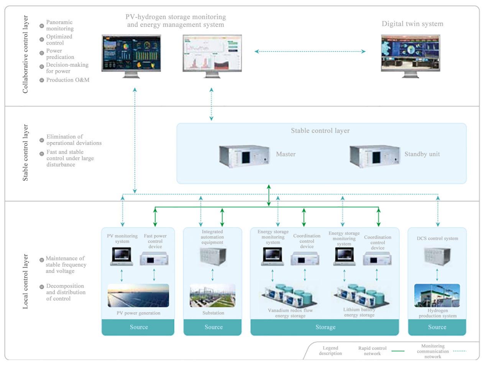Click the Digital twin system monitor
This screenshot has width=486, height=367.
coord(410,56)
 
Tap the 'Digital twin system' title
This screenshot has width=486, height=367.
coord(412,24)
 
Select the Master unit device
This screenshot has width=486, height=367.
coord(245,156)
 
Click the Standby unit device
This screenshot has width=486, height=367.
coord(375,156)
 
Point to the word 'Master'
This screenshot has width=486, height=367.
coord(286,154)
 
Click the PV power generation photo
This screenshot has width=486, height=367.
coord(138,295)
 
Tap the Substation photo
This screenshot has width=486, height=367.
coord(213,295)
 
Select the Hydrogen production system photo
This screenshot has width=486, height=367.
coord(437,295)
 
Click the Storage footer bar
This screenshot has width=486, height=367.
coord(325,327)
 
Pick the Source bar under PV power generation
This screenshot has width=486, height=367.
coord(138,327)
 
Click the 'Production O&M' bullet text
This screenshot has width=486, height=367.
coord(68,80)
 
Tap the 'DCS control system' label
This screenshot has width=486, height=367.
coord(437,238)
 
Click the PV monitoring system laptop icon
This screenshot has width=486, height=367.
coord(121,256)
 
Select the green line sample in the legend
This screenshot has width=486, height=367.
coord(398,351)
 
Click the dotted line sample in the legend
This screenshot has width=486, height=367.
coord(460,351)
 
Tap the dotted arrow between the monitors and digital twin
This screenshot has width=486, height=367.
coord(310,52)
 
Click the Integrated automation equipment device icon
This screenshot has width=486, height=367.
coord(213,256)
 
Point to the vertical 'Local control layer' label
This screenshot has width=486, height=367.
coord(25,282)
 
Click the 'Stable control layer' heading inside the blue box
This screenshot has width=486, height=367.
coord(320,131)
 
